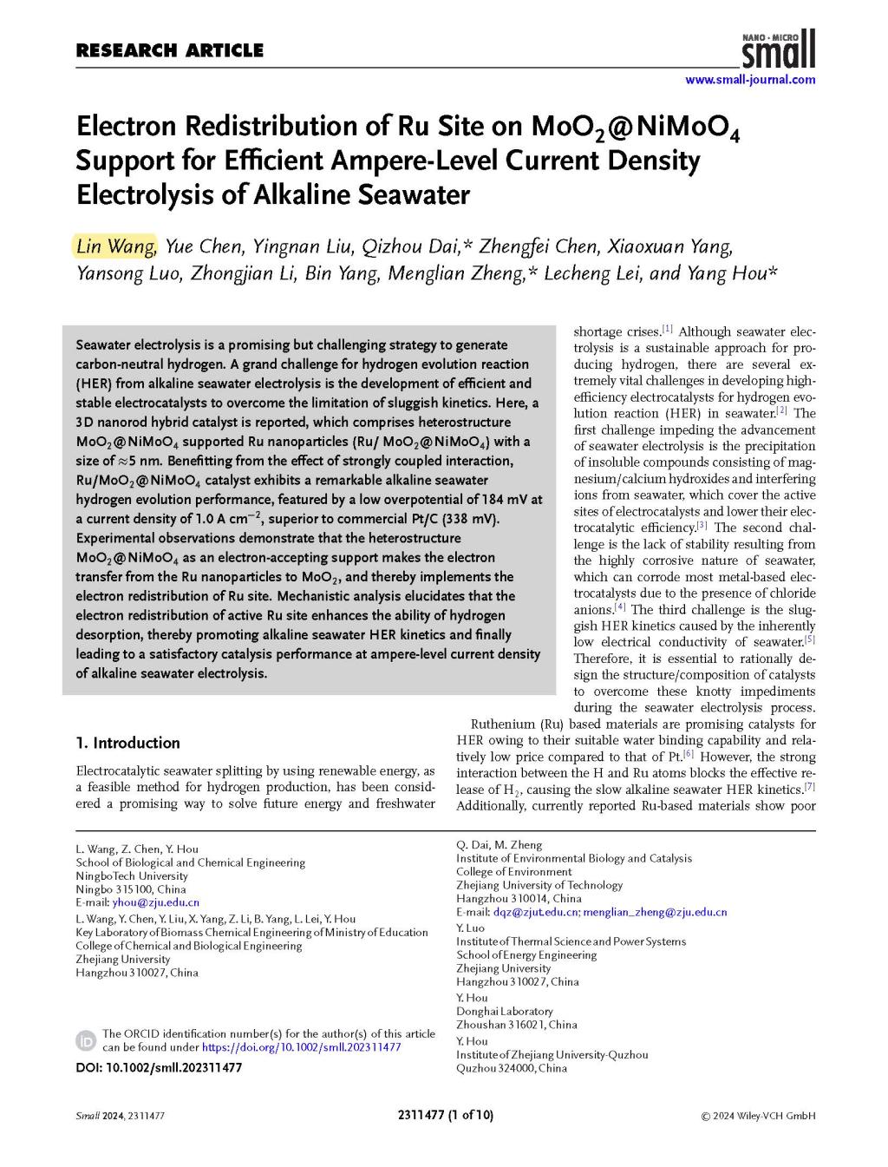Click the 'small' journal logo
coord(779,49)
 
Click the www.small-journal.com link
coord(750,80)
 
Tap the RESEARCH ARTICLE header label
coord(170,50)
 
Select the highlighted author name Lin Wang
coord(115,246)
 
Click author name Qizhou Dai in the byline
coord(412,246)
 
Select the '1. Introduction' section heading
coord(128,743)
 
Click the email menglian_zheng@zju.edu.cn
coord(655,912)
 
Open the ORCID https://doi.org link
coord(301,1047)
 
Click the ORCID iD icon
coord(87,1040)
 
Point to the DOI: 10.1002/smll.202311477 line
coord(159,1068)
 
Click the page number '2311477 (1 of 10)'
coord(444,1116)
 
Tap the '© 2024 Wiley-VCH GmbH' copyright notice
coord(757,1116)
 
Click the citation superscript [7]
coord(809,787)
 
